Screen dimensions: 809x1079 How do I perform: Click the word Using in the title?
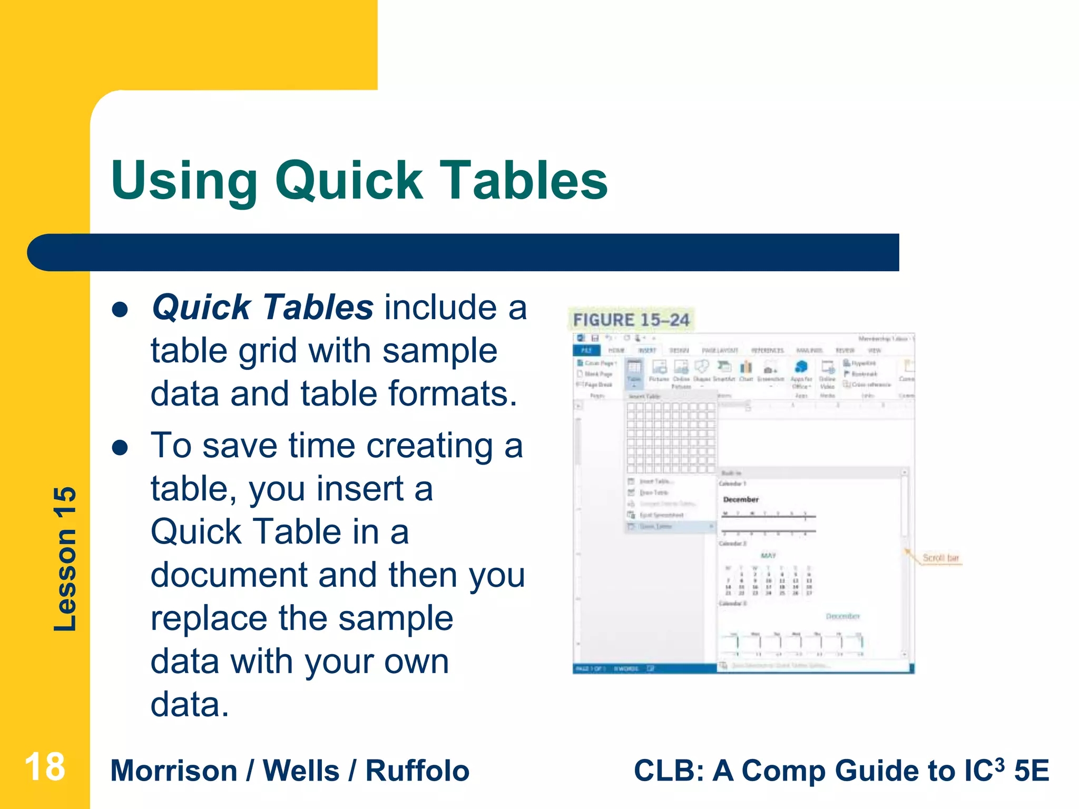coord(184,182)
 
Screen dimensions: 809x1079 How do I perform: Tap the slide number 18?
coord(45,767)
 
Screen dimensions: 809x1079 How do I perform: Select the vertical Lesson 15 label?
coord(65,559)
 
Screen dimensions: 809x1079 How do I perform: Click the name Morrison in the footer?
coord(174,771)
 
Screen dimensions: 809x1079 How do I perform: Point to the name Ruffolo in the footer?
coord(417,771)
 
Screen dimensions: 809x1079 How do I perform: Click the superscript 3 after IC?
coord(998,762)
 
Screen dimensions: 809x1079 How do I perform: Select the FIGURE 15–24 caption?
coord(631,320)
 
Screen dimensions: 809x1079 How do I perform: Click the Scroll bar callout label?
coord(940,558)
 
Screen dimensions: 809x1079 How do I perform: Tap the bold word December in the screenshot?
coord(741,499)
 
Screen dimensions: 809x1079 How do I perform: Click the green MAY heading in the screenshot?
coord(768,555)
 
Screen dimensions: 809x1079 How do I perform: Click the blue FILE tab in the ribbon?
coord(586,350)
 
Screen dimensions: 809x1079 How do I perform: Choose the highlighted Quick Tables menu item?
coord(656,527)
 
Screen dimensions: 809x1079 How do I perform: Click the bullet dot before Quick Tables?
coord(120,310)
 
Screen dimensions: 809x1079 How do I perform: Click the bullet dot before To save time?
coord(120,448)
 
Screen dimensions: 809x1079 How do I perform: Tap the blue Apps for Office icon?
coord(801,367)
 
